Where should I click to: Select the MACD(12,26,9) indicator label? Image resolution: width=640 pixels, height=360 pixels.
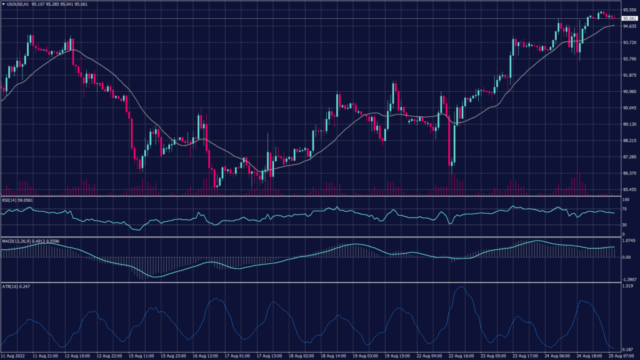[16, 241]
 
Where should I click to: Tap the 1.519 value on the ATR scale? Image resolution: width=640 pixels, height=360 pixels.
[629, 286]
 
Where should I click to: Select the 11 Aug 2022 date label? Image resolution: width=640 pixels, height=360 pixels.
[13, 355]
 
